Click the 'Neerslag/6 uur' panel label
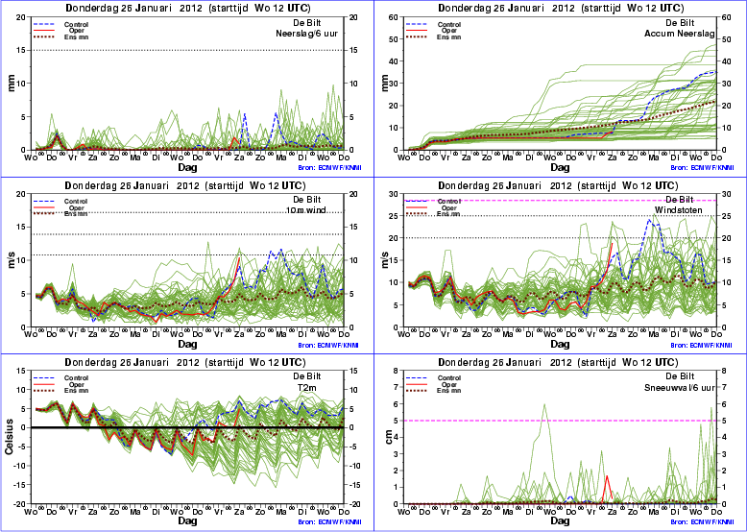(306, 32)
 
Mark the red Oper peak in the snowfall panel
(607, 475)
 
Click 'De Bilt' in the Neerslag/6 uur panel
(322, 20)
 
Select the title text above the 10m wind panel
(186, 184)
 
